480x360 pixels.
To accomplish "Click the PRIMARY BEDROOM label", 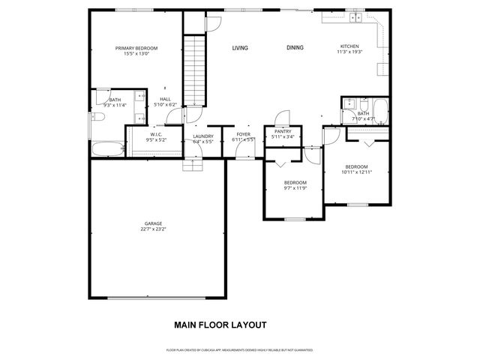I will coord(136,48).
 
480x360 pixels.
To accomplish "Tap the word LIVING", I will coord(240,48).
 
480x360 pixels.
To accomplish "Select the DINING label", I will coord(295,48).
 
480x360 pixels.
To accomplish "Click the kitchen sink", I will coord(354,16).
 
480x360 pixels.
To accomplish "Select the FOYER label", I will coord(244,135).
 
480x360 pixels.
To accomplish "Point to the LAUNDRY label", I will coord(203,136).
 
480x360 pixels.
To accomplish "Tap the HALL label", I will coord(165,99).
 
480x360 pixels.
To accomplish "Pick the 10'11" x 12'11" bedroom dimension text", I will coord(356,172).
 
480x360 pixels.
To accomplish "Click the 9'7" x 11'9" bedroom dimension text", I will coord(295,187).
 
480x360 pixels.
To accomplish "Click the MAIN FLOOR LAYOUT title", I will coord(220,325).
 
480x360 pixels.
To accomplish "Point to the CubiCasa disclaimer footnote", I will coord(240,349).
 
